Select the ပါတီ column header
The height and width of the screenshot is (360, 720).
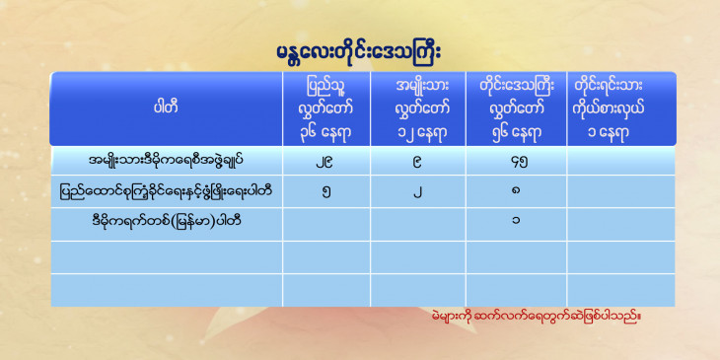pyautogui.click(x=167, y=108)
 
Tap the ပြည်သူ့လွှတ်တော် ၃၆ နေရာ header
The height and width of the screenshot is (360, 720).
pyautogui.click(x=325, y=109)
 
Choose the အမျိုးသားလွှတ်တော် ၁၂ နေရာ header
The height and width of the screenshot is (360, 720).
pyautogui.click(x=418, y=109)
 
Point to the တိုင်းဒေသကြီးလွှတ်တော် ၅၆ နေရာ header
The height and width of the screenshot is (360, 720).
pyautogui.click(x=516, y=109)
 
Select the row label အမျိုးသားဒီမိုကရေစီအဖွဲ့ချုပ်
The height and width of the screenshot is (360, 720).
pyautogui.click(x=167, y=161)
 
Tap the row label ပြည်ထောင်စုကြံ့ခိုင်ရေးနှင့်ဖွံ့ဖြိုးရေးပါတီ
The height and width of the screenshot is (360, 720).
pyautogui.click(x=167, y=190)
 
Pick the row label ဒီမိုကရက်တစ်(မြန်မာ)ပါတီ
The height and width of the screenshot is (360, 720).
pyautogui.click(x=167, y=222)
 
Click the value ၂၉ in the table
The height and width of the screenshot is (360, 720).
pyautogui.click(x=325, y=162)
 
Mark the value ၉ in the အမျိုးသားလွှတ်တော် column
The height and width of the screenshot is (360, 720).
pyautogui.click(x=418, y=162)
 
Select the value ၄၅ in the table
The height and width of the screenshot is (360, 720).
pyautogui.click(x=516, y=162)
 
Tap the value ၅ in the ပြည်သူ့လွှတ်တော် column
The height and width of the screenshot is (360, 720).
pyautogui.click(x=325, y=191)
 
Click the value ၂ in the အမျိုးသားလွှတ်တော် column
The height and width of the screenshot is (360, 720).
pyautogui.click(x=418, y=191)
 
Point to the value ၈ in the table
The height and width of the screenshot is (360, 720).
pyautogui.click(x=516, y=191)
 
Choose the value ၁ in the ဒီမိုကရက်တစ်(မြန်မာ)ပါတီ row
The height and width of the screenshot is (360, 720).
pyautogui.click(x=516, y=222)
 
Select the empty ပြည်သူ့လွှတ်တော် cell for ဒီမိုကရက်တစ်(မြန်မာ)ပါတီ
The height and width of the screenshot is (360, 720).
pyautogui.click(x=326, y=224)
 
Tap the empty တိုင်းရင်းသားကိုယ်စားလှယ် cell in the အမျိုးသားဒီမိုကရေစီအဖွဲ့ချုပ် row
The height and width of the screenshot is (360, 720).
pyautogui.click(x=620, y=161)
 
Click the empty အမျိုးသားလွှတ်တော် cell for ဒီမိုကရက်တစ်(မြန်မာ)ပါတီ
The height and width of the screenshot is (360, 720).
pyautogui.click(x=418, y=224)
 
